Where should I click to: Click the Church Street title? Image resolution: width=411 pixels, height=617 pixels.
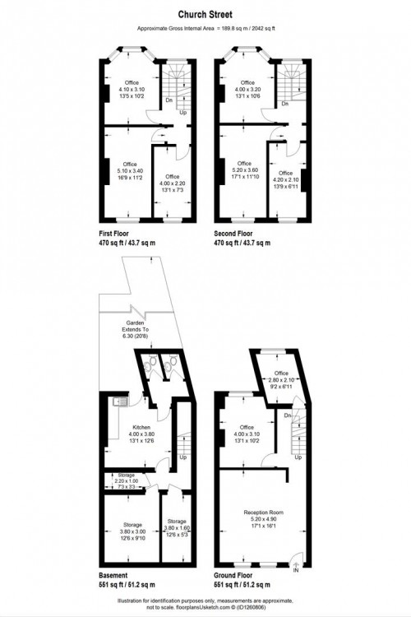click(205, 15)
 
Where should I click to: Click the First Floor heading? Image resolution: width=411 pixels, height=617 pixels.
click(118, 234)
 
